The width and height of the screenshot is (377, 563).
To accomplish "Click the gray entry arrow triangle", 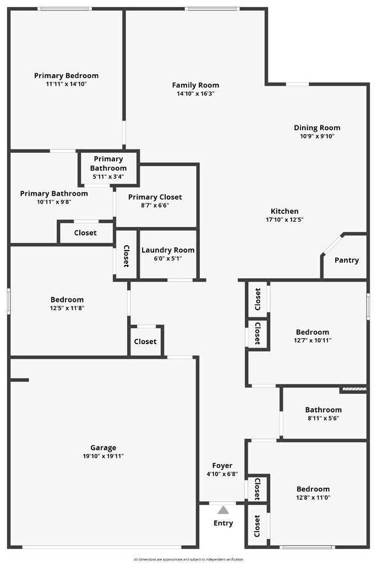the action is click(223, 510).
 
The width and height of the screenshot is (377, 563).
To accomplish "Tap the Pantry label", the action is click(346, 260).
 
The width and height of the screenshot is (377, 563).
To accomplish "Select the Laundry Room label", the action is click(168, 250).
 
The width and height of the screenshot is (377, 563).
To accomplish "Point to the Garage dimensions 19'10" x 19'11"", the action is click(103, 456).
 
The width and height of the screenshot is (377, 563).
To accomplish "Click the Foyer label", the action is click(222, 466).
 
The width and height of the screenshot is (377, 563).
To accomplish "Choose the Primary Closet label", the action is click(155, 197).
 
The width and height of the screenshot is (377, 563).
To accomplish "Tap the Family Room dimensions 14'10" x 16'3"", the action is click(195, 93).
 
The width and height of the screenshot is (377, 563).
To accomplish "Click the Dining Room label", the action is click(317, 128).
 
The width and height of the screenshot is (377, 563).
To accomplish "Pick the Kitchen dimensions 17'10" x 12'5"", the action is click(285, 220).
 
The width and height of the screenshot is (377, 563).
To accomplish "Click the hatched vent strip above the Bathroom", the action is click(353, 389).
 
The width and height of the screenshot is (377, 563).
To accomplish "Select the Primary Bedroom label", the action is click(66, 76).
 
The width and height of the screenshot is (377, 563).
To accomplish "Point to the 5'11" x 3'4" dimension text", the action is click(108, 176).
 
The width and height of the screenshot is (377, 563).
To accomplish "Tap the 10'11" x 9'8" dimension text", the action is click(54, 202).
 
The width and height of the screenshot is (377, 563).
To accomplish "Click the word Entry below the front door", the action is click(223, 523).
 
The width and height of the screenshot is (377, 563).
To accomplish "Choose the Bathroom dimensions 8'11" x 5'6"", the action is click(324, 418).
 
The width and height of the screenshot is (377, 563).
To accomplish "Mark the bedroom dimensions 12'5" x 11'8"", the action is click(67, 308).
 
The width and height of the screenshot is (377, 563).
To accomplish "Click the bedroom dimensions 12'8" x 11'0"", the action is click(313, 498).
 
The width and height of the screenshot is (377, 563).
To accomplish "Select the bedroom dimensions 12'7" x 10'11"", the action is click(313, 340).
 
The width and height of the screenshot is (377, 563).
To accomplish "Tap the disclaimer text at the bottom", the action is click(188, 559).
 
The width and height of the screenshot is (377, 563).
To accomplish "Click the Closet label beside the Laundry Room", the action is click(126, 256).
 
